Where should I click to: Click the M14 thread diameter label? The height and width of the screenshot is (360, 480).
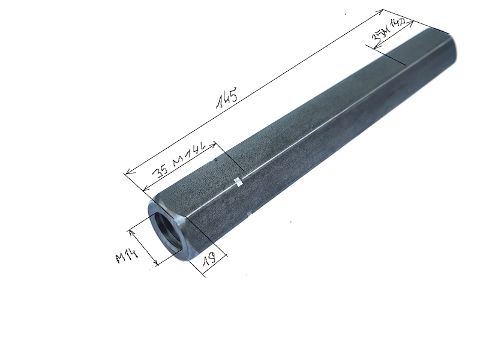128,257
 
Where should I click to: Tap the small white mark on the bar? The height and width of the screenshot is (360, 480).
238,181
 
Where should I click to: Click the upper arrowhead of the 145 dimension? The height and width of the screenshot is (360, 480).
381,11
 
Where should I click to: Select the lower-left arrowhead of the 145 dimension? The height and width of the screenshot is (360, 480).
127,173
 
